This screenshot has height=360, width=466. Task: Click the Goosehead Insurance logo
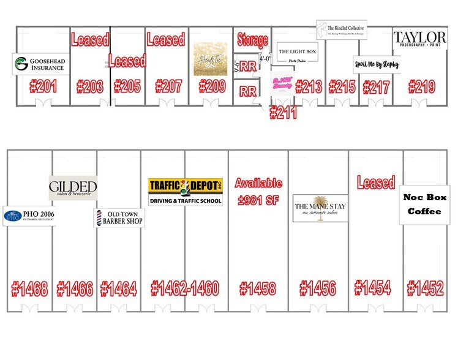[x=39, y=64]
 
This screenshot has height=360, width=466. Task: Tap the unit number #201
[x=43, y=86]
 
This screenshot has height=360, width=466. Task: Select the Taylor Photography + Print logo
[x=419, y=39]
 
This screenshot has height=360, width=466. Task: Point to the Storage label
[x=253, y=40]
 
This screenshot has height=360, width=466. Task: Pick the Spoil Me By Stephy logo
[x=376, y=64]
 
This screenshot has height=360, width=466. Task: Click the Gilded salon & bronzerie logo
[x=73, y=187]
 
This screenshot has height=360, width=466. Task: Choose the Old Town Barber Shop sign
[x=119, y=217]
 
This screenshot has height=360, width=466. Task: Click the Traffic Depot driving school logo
[x=186, y=192]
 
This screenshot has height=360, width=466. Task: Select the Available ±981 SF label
[x=258, y=192]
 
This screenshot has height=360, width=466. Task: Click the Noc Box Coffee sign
[x=424, y=204]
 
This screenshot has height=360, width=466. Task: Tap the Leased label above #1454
[x=376, y=182]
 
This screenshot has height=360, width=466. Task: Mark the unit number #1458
[x=257, y=288]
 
